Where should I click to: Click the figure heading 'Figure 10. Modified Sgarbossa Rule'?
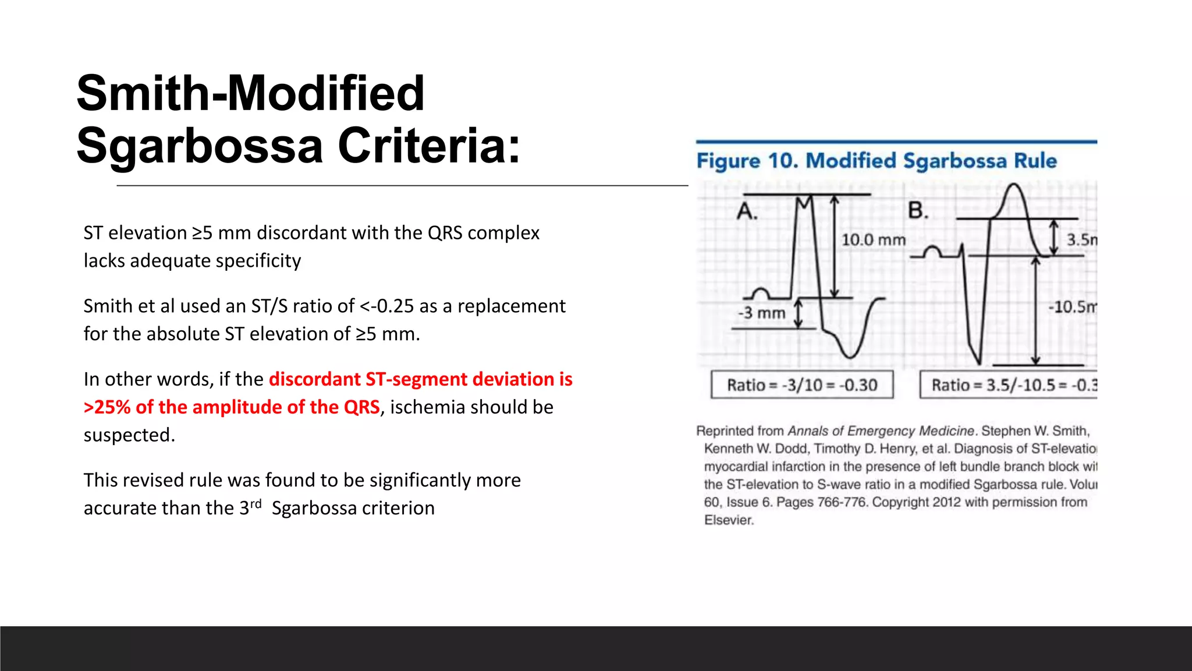877,161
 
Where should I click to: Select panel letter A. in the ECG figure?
747,211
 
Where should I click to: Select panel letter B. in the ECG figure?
918,210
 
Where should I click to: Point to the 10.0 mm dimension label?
873,240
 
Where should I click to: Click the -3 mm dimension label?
762,313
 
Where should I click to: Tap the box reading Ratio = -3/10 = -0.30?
802,385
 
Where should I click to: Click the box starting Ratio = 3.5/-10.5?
1009,385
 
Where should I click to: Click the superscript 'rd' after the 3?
256,503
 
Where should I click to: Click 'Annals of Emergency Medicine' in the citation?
881,431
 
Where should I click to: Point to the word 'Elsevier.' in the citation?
729,520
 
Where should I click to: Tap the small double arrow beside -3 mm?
799,313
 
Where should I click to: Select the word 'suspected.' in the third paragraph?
129,435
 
